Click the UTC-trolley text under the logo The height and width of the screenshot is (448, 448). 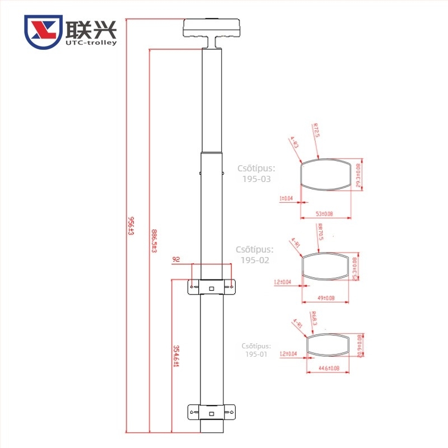coord(90,42)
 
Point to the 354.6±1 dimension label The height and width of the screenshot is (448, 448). coord(175,357)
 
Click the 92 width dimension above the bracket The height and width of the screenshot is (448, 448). coord(176,259)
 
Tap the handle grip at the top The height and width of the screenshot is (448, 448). coord(213,28)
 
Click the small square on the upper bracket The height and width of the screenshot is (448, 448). coord(211,288)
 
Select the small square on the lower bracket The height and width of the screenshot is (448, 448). coord(211,413)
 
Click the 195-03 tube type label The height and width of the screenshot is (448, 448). coord(256,179)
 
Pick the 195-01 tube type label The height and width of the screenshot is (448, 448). coord(256,354)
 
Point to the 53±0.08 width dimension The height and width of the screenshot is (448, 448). coord(325,214)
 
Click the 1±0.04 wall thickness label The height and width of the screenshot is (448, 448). coord(286,198)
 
